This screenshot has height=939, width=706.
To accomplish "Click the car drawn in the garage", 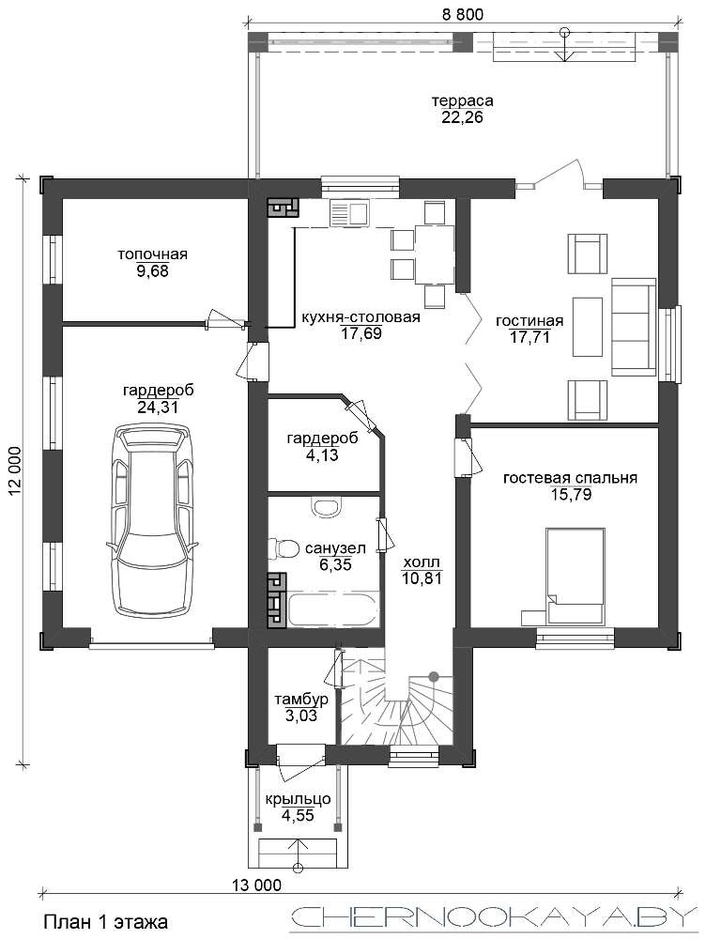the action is pos(151,518).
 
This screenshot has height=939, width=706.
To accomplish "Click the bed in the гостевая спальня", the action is pos(575,575).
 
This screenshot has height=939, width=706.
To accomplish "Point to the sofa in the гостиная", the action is pos(634,327).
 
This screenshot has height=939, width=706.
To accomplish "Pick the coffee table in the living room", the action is pos(587,327).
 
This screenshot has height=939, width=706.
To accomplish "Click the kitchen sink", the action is pos(349,214).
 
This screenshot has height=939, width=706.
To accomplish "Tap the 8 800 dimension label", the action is pos(462,14).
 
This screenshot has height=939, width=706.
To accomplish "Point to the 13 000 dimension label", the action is pos(256,885).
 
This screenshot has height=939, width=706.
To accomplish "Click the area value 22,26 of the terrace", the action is pos(462,117).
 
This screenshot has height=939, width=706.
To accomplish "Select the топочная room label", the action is pos(152,254).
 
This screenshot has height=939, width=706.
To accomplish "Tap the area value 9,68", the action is pos(152,271).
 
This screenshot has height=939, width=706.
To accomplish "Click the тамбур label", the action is pos(301,699).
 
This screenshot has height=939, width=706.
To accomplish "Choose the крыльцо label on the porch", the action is pos(298,799).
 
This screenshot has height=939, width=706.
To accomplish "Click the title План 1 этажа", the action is pos(105,921).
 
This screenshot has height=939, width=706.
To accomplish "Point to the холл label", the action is pos(422,562).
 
